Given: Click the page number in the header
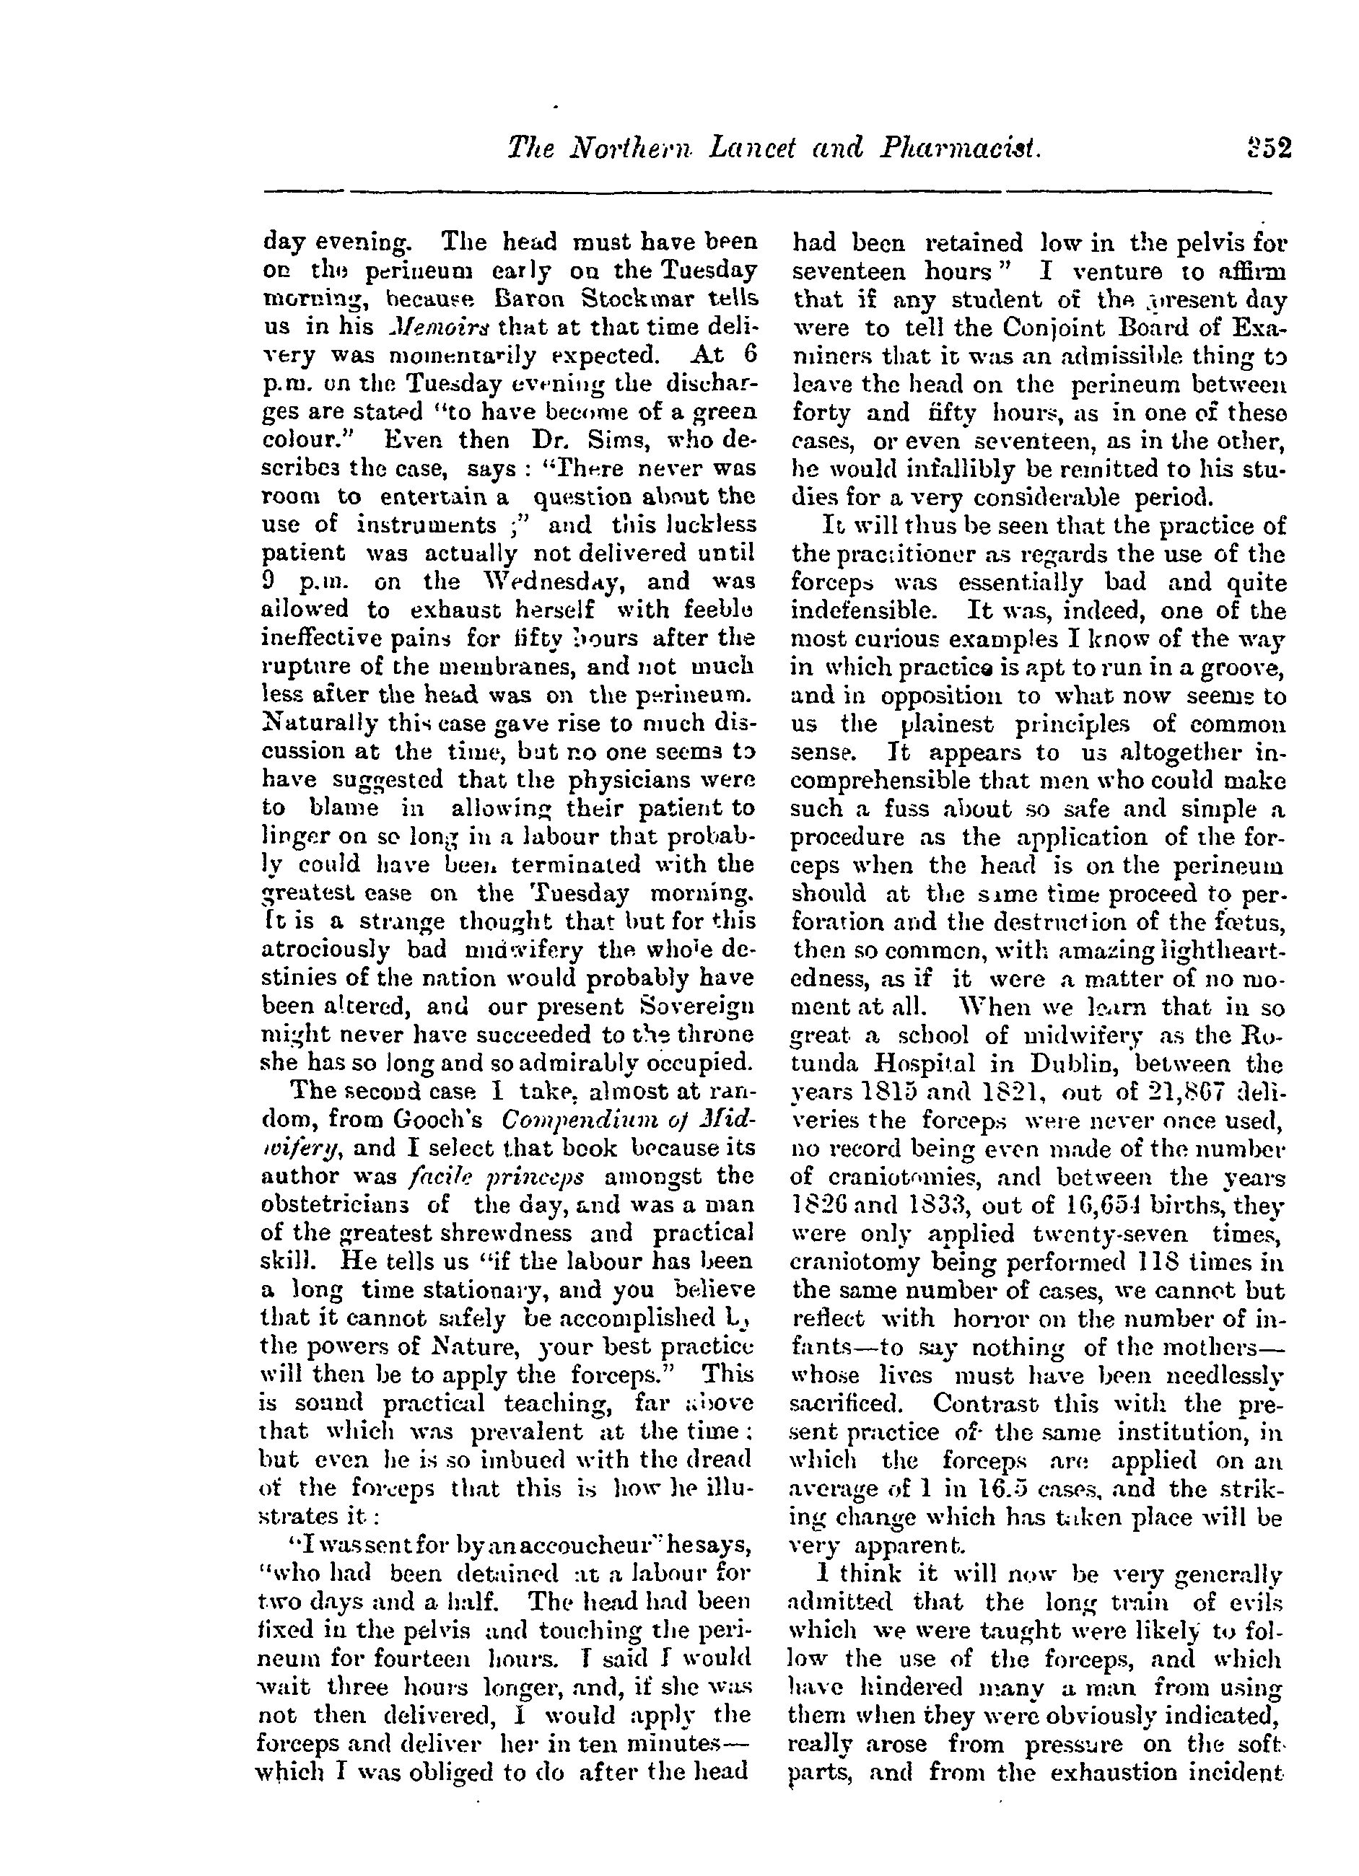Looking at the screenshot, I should [1268, 149].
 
